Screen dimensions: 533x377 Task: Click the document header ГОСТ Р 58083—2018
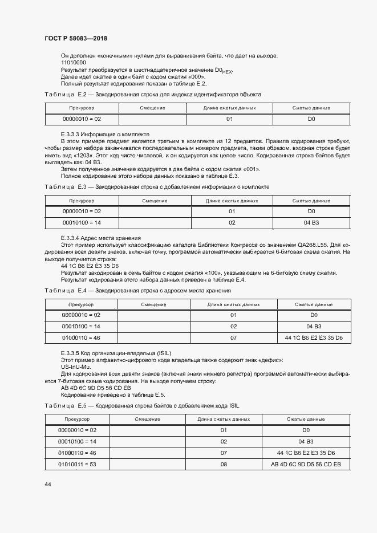click(75, 38)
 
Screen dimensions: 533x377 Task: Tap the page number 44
click(47, 484)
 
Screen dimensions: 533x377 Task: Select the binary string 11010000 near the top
click(73, 62)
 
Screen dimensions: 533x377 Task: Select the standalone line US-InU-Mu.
click(75, 368)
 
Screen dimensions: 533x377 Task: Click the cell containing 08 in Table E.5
click(224, 465)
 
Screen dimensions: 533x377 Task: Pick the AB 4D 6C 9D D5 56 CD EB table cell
click(306, 465)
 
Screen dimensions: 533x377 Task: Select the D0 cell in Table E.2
click(311, 119)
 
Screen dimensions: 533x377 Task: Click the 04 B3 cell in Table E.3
click(311, 223)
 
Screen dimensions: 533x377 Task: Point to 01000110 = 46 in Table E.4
click(81, 338)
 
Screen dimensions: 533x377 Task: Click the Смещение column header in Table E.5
click(147, 419)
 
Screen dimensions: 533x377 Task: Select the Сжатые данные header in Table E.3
click(311, 201)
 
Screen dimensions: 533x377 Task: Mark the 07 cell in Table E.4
click(233, 338)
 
